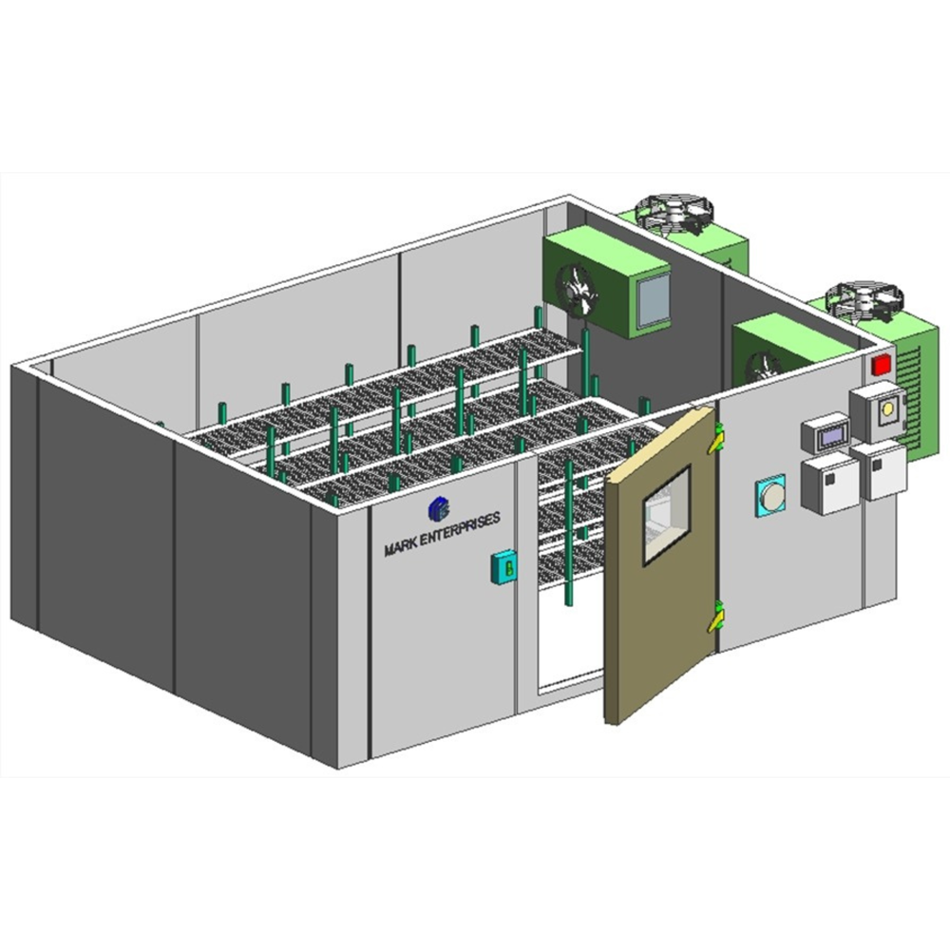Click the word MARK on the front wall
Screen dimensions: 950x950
tap(400, 547)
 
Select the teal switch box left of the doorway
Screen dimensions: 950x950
tap(503, 567)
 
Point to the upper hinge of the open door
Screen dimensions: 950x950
tap(716, 438)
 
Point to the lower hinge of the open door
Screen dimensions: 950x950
tap(717, 617)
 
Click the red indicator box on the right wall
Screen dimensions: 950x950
tap(882, 366)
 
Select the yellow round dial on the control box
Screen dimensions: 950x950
tap(887, 408)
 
